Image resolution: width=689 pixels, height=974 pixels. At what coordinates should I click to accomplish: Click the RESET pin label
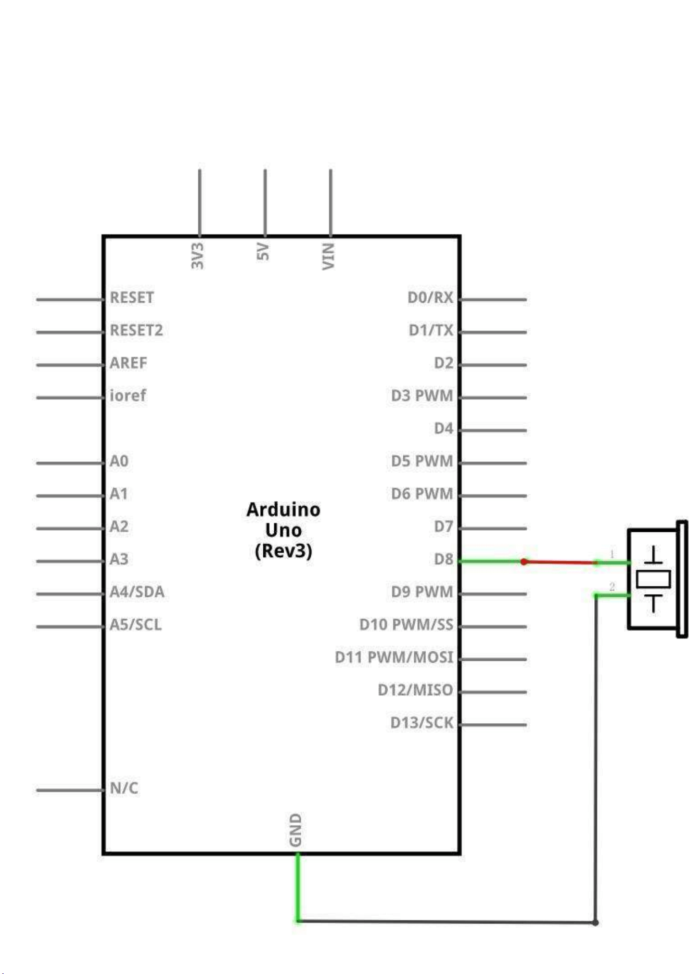tap(132, 298)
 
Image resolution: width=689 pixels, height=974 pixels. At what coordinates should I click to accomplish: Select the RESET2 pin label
tap(136, 330)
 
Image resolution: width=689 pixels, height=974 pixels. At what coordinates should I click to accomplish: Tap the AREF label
tap(129, 363)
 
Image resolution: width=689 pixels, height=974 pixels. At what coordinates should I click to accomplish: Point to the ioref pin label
tap(128, 395)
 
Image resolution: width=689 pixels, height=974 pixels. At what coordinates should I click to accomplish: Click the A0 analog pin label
tap(119, 461)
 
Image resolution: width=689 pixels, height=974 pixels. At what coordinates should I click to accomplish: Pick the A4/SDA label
tap(137, 592)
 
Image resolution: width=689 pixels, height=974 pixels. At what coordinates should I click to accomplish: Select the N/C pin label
tap(124, 788)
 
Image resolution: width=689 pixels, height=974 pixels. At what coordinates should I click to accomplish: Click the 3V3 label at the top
tap(197, 255)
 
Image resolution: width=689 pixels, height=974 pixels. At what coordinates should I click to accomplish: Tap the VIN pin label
tap(328, 257)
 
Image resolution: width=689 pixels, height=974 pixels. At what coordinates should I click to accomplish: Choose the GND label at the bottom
tap(295, 830)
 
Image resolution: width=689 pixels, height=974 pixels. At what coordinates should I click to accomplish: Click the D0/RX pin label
tap(430, 298)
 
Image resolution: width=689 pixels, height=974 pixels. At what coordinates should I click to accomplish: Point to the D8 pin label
tap(444, 559)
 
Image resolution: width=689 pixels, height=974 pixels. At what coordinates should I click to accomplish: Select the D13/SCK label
tap(422, 723)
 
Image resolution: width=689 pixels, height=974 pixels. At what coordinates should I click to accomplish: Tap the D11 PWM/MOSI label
tap(394, 657)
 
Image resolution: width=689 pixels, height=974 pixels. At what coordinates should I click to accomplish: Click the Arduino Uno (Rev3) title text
tap(284, 530)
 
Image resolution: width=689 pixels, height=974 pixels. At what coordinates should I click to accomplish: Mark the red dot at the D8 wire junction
tap(524, 561)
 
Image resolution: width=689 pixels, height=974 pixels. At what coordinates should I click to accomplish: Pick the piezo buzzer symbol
tap(657, 579)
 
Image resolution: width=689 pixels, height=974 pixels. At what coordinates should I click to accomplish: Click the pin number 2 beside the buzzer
tap(612, 586)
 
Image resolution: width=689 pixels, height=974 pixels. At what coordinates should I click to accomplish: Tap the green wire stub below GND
tap(298, 888)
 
